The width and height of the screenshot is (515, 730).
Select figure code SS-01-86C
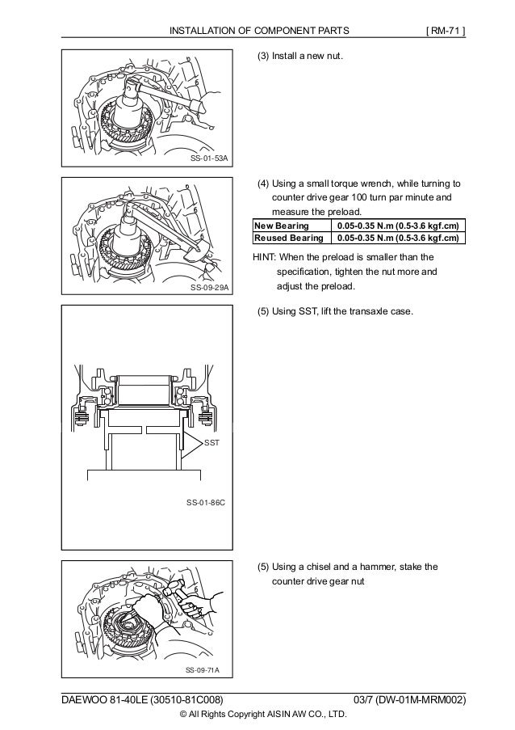205,503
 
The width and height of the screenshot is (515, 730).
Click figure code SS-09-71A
203,670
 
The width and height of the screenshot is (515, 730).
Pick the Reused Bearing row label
287,238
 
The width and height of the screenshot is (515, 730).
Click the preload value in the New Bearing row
399,226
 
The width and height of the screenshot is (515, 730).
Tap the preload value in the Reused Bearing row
399,238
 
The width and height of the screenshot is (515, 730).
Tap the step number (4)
263,182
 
